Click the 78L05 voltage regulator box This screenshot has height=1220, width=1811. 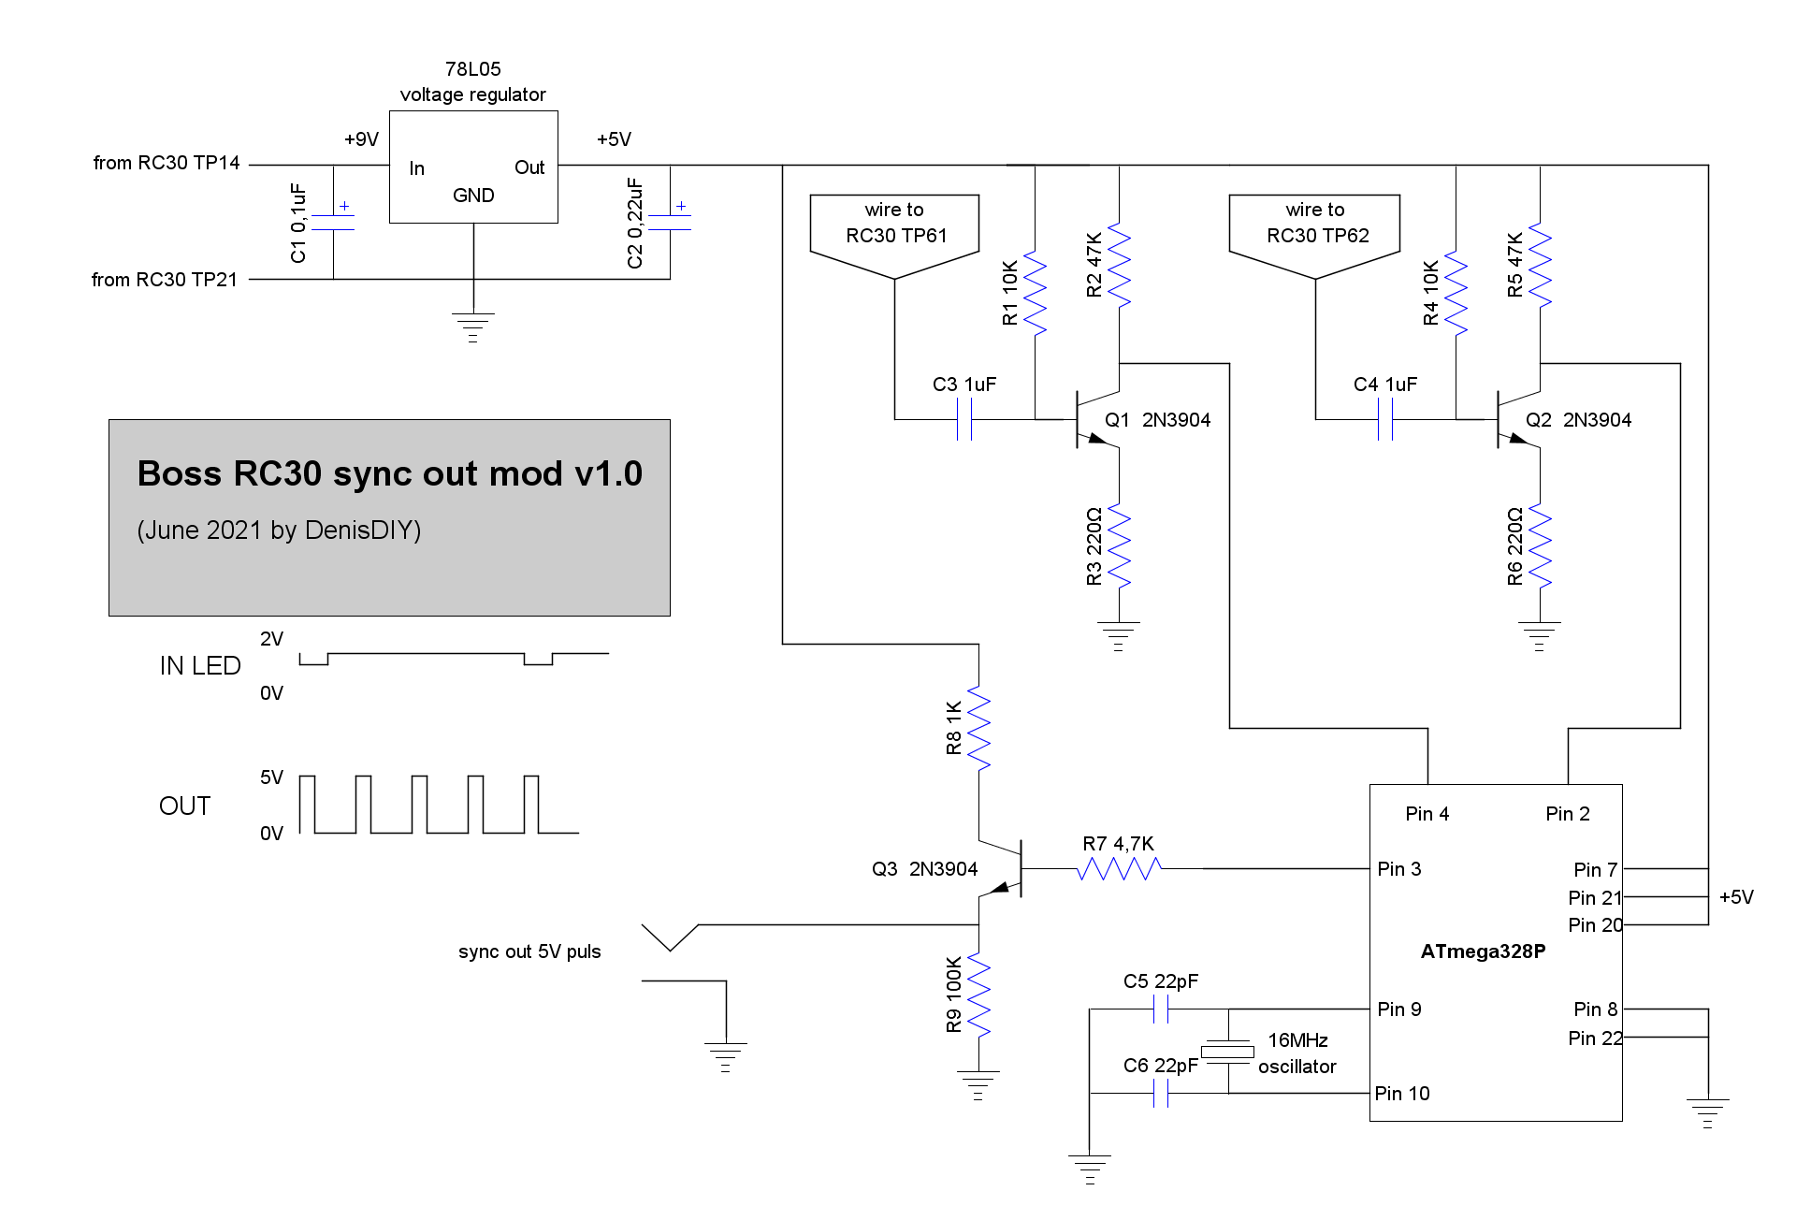473,167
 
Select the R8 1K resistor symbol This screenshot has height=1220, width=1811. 978,728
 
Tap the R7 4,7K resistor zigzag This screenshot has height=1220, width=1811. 1119,869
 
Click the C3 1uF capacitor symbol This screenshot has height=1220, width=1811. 964,419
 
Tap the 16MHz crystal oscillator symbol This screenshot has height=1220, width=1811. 1227,1052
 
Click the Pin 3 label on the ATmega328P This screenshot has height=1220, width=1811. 1398,869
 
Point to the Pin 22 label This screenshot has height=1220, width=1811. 1594,1038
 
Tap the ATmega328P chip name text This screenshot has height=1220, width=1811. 1483,951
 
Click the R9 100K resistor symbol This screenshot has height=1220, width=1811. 978,994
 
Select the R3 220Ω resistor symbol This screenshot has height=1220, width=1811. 1119,545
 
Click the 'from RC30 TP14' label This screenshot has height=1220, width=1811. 167,163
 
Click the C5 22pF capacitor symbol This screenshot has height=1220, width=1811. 1161,1009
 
